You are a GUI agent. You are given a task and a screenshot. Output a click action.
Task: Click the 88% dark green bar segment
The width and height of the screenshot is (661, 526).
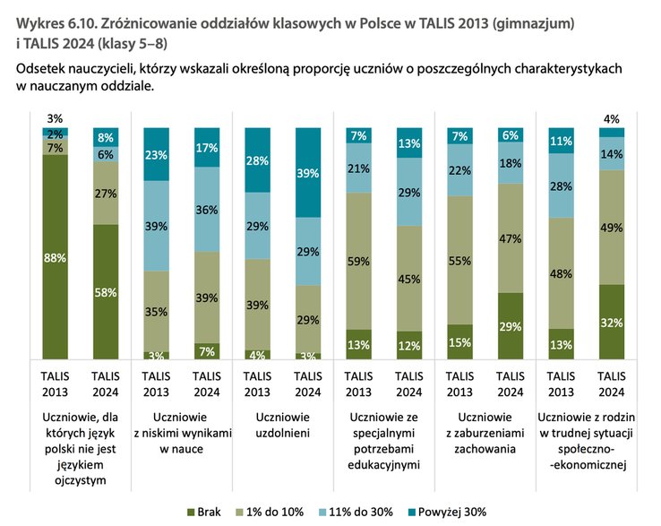54,257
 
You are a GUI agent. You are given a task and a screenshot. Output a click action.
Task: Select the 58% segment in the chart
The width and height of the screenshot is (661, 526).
105,292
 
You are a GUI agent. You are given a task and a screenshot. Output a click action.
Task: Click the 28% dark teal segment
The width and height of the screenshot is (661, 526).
256,160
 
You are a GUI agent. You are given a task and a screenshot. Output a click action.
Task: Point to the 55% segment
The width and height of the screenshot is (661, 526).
459,260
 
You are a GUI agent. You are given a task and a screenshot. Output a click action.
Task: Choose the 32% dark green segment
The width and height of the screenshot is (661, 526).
610,322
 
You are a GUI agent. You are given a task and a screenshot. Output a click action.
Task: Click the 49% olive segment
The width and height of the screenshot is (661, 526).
610,227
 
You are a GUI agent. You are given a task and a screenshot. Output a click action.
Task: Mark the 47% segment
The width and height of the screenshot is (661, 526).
509,238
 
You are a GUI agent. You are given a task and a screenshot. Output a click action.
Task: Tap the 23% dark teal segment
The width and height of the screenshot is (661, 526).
155,154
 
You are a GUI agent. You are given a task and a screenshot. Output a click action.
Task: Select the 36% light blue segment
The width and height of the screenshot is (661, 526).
206,210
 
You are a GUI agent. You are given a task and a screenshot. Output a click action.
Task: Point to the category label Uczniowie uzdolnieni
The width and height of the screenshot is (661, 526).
281,426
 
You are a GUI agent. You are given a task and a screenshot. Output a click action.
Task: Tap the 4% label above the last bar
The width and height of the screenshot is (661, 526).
610,118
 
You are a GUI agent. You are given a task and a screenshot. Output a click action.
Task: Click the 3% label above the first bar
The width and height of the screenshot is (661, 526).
54,118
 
